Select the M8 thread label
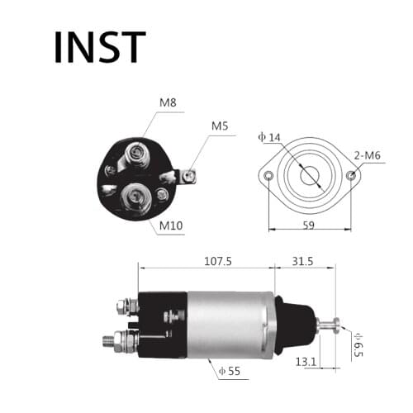pos(168,103)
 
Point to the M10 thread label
pos(171,225)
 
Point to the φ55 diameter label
pos(231,371)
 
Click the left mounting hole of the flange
pos(268,176)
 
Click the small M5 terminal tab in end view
pos(188,175)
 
